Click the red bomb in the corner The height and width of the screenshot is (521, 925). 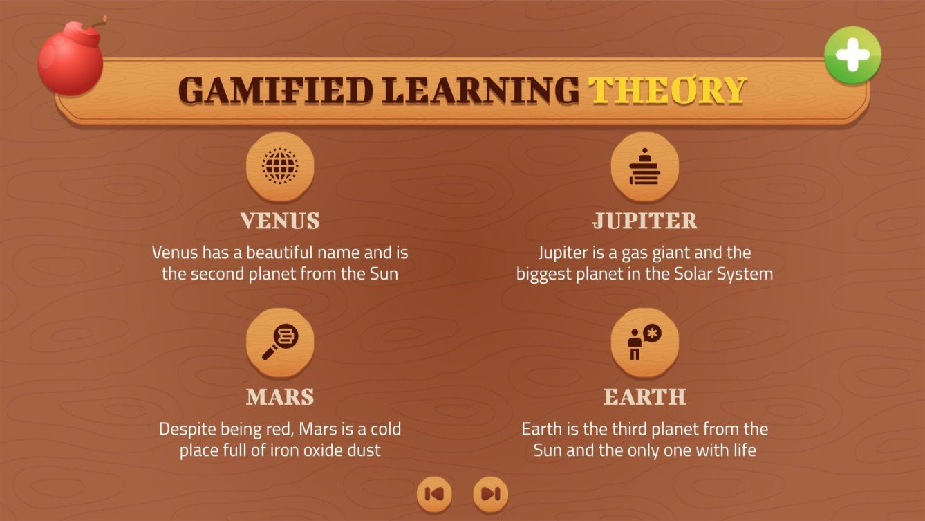[70, 61]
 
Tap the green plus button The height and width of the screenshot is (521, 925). [852, 55]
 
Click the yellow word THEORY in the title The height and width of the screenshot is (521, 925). [667, 91]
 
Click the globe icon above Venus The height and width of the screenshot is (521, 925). [280, 166]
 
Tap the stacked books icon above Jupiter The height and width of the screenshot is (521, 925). [644, 166]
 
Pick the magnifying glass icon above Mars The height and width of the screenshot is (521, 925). [280, 342]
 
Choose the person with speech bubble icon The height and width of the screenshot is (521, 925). [644, 342]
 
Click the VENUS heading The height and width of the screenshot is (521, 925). [280, 221]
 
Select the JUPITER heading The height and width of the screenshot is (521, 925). [644, 221]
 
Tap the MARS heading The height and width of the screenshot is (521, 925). [280, 397]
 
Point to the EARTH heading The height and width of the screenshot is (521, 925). [644, 397]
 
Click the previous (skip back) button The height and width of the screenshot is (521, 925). [434, 494]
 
